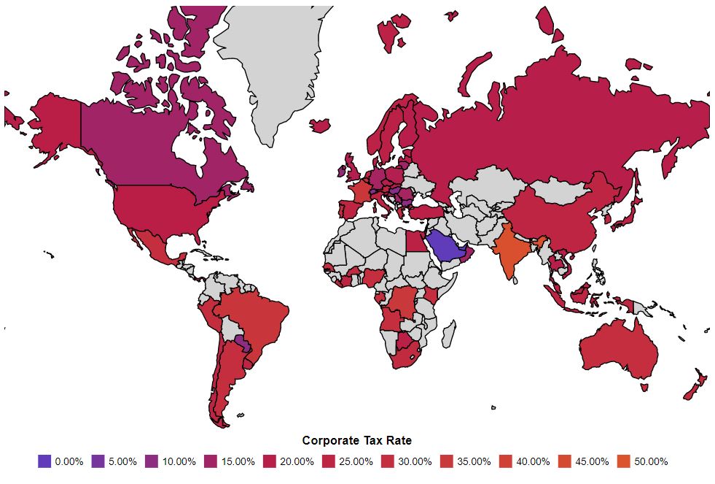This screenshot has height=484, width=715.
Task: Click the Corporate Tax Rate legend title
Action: pyautogui.click(x=357, y=440)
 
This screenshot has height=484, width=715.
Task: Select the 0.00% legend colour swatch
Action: pyautogui.click(x=44, y=461)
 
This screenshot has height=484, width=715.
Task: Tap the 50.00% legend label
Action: pyautogui.click(x=651, y=461)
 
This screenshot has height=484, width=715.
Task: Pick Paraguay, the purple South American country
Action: pyautogui.click(x=241, y=342)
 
